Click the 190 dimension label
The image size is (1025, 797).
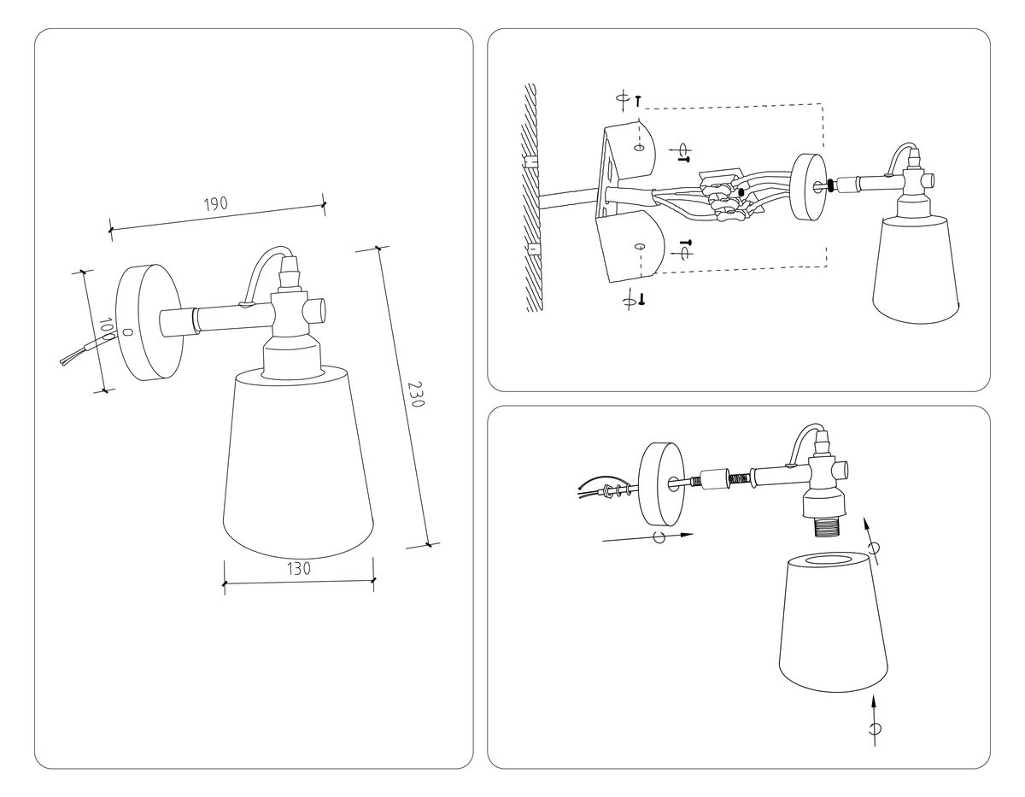(216, 204)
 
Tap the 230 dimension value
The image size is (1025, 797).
(415, 396)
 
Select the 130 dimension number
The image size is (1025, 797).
(297, 567)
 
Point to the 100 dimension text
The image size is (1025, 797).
(106, 329)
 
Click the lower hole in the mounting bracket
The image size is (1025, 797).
(639, 246)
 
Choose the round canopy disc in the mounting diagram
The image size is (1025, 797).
(807, 187)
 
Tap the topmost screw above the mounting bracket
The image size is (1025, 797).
(638, 100)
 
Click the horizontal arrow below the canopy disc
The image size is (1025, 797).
(649, 537)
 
